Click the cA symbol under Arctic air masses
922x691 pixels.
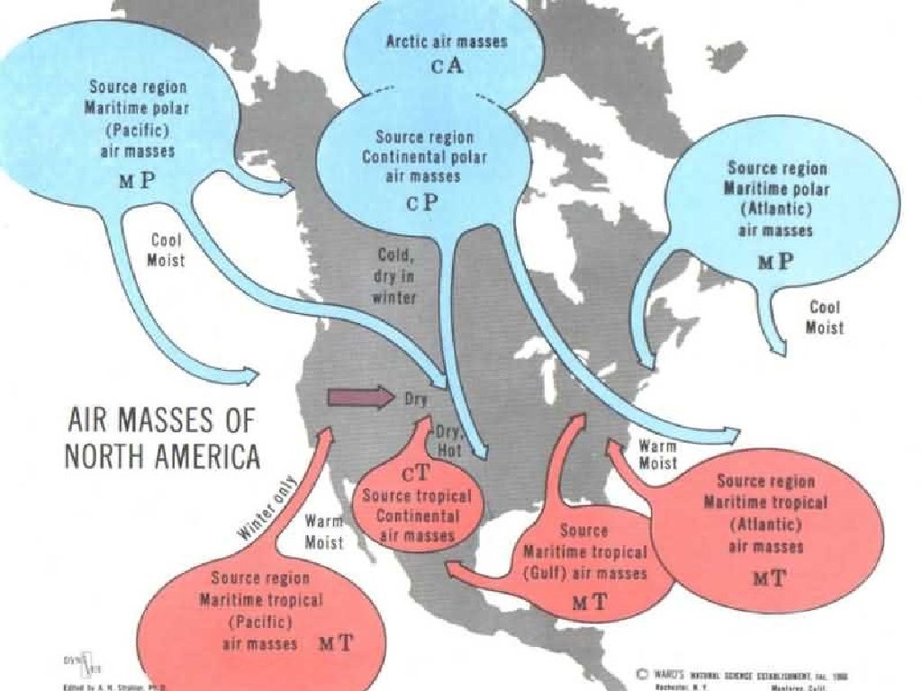click(447, 68)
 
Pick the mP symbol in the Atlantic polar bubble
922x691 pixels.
click(774, 260)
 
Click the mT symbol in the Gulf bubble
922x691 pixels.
click(591, 603)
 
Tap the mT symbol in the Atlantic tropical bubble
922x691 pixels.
click(769, 577)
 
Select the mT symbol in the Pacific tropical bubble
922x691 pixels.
click(337, 642)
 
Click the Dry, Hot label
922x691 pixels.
click(449, 438)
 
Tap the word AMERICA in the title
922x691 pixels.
click(196, 455)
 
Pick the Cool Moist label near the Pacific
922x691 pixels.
click(167, 250)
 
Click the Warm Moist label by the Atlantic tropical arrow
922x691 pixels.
click(657, 453)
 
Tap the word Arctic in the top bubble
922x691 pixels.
click(409, 41)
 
